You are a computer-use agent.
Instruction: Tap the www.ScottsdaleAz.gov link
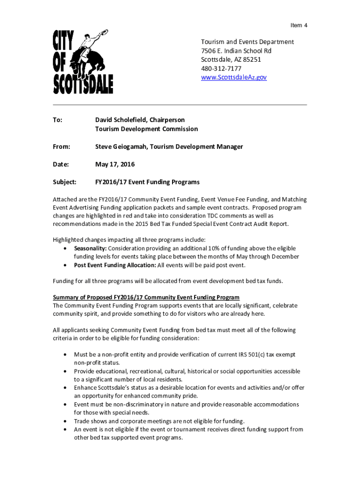coord(233,77)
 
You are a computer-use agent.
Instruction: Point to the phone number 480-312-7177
coord(221,68)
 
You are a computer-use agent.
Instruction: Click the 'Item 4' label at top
coord(298,25)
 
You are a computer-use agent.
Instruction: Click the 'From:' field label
coord(61,147)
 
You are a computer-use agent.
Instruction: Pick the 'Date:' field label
coord(61,165)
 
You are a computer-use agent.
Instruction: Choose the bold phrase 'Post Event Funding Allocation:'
coord(115,265)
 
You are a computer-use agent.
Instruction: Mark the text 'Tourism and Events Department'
coord(247,42)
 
